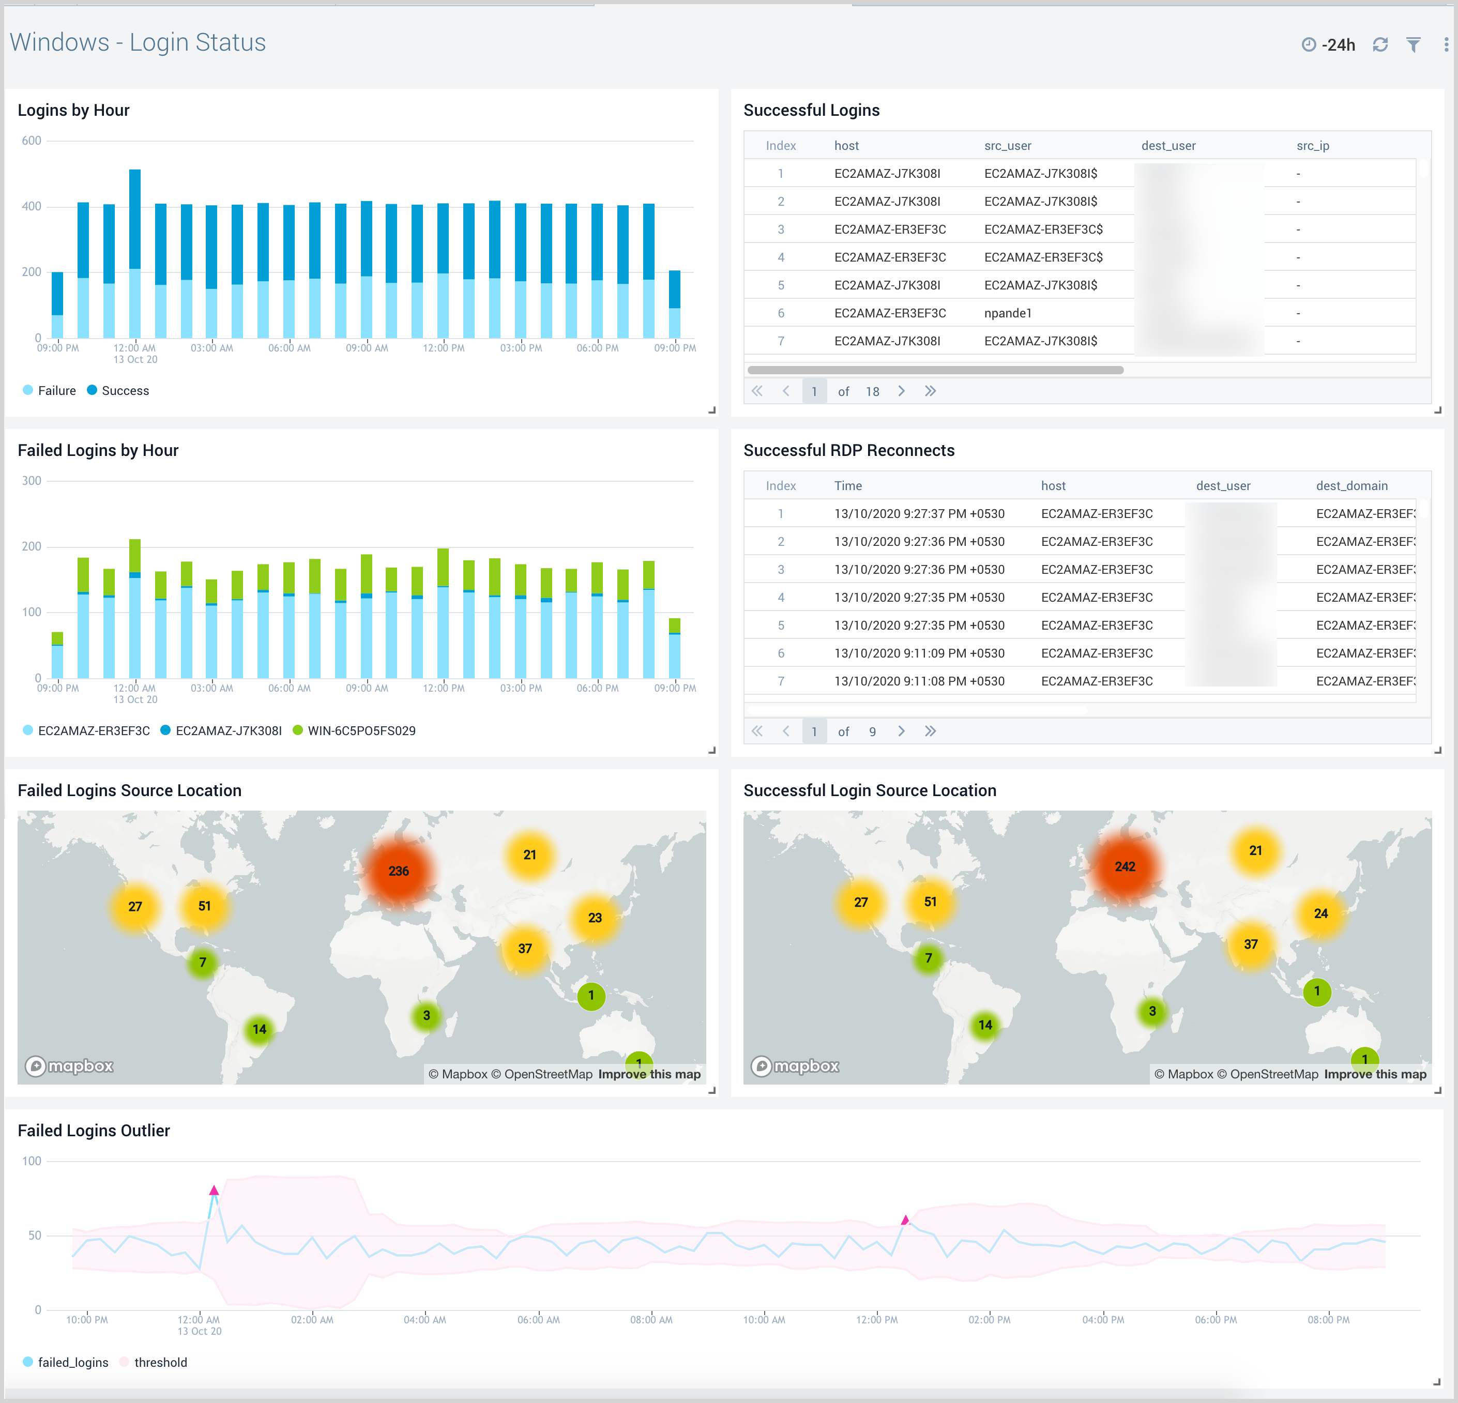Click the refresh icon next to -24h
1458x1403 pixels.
pyautogui.click(x=1380, y=44)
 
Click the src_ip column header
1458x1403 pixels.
pyautogui.click(x=1312, y=146)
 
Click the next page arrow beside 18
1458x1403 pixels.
pyautogui.click(x=901, y=391)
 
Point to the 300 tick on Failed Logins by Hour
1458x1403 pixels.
pyautogui.click(x=31, y=481)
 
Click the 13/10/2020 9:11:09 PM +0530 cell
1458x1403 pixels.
pyautogui.click(x=919, y=653)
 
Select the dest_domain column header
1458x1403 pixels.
pyautogui.click(x=1351, y=486)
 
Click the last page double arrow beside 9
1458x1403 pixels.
pyautogui.click(x=930, y=731)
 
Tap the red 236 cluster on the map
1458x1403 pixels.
pyautogui.click(x=399, y=871)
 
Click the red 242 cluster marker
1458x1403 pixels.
pyautogui.click(x=1125, y=866)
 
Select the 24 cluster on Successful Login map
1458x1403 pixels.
pyautogui.click(x=1320, y=913)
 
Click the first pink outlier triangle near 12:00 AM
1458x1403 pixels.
pyautogui.click(x=214, y=1190)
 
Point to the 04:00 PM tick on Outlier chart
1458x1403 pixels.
pyautogui.click(x=1102, y=1320)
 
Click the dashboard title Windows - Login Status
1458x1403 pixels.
pyautogui.click(x=138, y=42)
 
